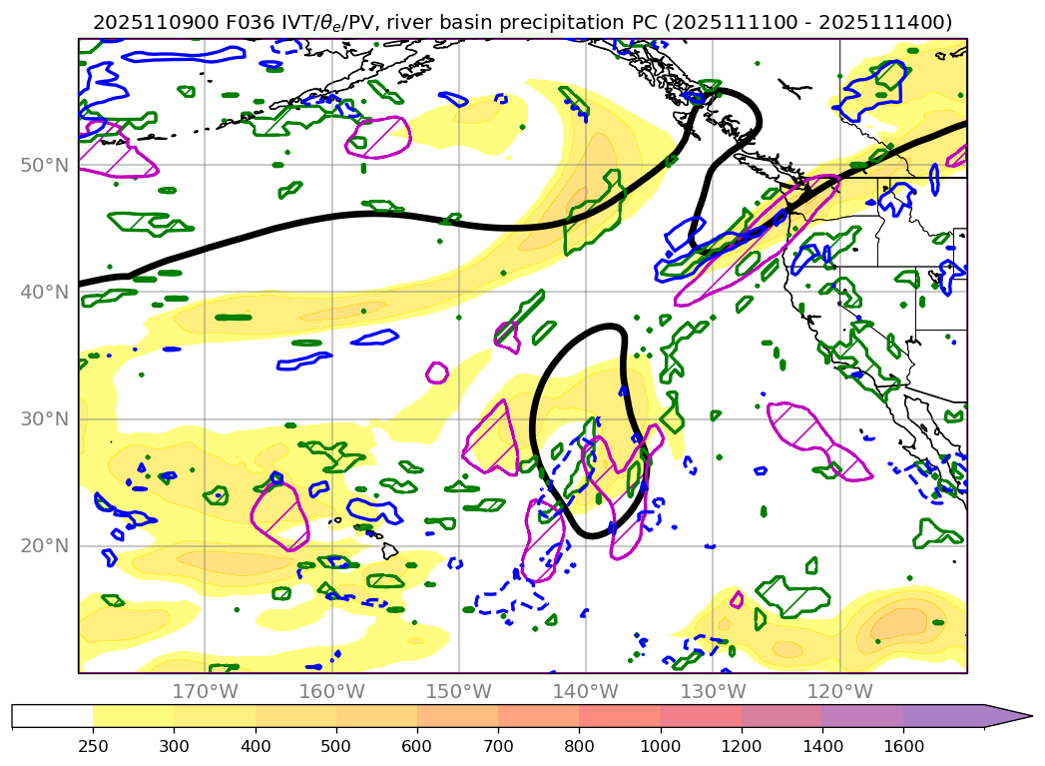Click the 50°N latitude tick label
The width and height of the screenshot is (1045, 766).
pyautogui.click(x=44, y=165)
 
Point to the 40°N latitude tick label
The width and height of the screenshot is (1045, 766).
pyautogui.click(x=44, y=292)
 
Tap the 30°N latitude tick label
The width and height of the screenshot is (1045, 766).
pyautogui.click(x=44, y=418)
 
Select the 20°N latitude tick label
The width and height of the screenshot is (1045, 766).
pyautogui.click(x=44, y=545)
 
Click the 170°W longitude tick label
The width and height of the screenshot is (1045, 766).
pyautogui.click(x=205, y=691)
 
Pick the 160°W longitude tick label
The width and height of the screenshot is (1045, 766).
pyautogui.click(x=331, y=691)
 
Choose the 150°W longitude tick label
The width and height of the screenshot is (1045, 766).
pyautogui.click(x=459, y=691)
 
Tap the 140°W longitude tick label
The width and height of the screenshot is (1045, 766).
pyautogui.click(x=586, y=691)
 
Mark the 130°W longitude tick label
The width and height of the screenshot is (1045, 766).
pyautogui.click(x=713, y=691)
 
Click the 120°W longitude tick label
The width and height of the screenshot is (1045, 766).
pyautogui.click(x=839, y=691)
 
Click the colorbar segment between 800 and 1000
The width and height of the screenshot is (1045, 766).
pyautogui.click(x=619, y=716)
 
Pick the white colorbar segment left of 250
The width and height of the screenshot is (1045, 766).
pyautogui.click(x=52, y=716)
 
